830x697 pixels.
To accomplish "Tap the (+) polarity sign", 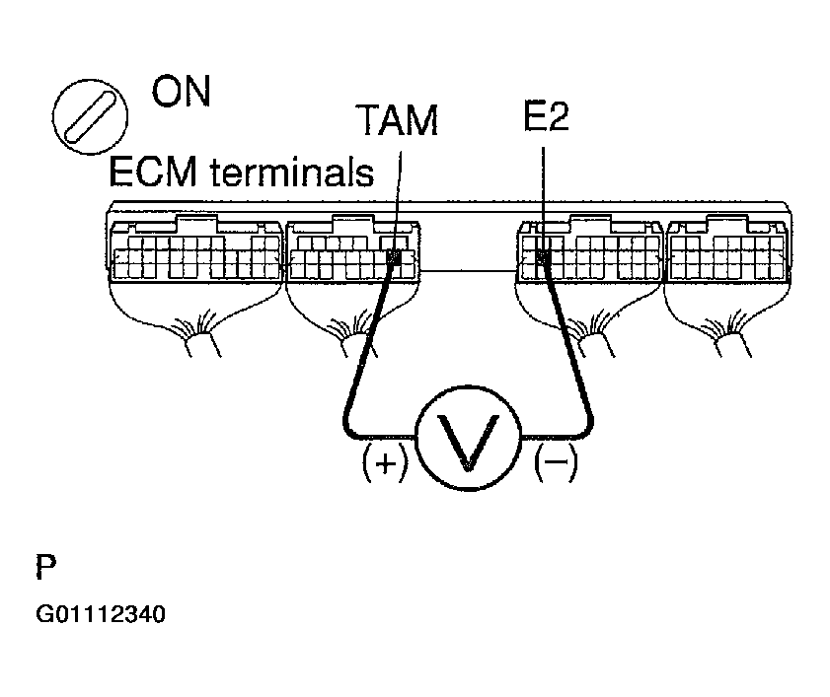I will click(x=385, y=462).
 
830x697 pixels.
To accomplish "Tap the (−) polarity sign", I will click(x=556, y=462).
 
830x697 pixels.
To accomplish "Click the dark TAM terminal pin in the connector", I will click(x=395, y=258).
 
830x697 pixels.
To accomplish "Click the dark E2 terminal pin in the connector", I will click(x=544, y=258).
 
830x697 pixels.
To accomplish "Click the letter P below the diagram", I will click(x=46, y=569).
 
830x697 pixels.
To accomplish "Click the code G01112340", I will click(x=100, y=615).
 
